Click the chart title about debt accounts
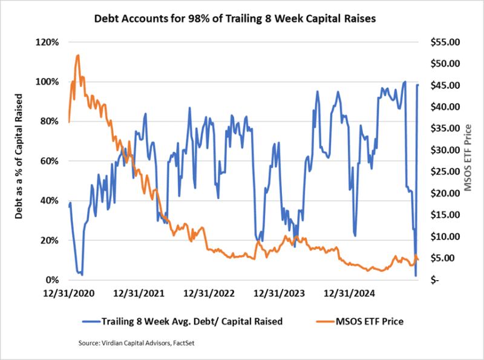click(x=235, y=19)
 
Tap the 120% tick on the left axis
click(x=48, y=42)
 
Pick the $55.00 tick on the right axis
click(x=444, y=42)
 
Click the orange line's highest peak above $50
click(x=78, y=55)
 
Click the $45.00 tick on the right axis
click(x=444, y=85)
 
